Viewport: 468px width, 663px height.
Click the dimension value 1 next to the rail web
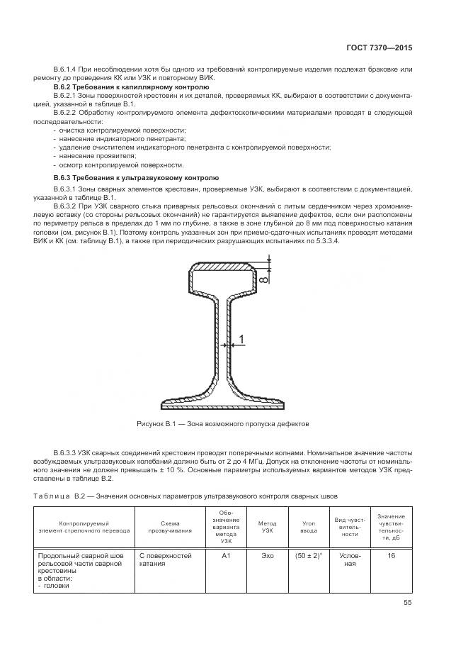(x=241, y=341)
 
